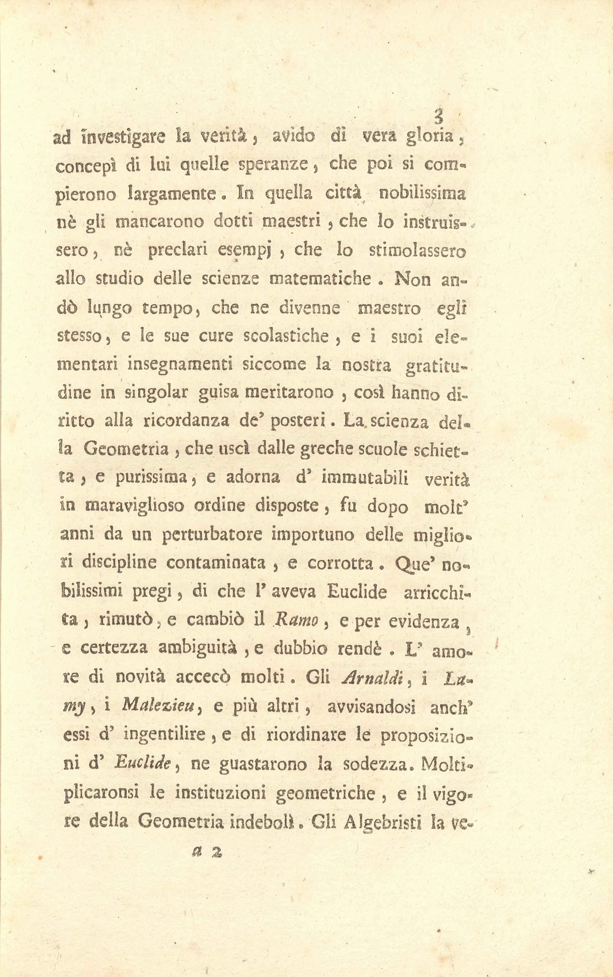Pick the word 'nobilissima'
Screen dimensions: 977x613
point(422,193)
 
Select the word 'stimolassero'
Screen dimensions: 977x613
point(418,251)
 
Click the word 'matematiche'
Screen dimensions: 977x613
point(321,279)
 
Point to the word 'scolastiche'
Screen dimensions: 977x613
point(286,336)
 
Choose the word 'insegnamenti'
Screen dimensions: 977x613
point(180,365)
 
